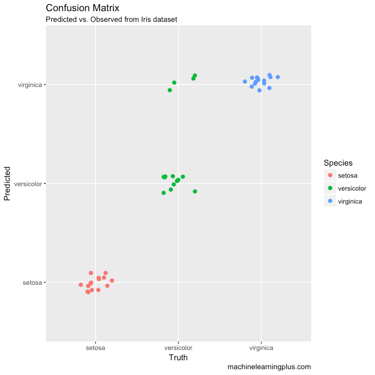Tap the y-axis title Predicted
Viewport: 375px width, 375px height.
pyautogui.click(x=7, y=183)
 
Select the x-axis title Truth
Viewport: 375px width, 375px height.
pyautogui.click(x=178, y=358)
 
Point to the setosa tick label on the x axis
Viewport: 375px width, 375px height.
pyautogui.click(x=95, y=347)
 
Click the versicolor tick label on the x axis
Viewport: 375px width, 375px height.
pyautogui.click(x=178, y=347)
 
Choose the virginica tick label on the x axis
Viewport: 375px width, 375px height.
pyautogui.click(x=261, y=347)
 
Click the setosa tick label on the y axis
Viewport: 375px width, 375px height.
pyautogui.click(x=32, y=283)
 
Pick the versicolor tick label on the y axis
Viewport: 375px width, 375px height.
pyautogui.click(x=28, y=183)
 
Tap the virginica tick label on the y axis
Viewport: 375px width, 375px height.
pyautogui.click(x=30, y=84)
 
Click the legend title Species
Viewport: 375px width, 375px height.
pyautogui.click(x=338, y=163)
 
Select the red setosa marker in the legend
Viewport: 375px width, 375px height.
pyautogui.click(x=330, y=175)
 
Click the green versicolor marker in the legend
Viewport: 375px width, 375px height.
pyautogui.click(x=330, y=188)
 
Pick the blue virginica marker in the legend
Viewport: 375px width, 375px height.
pyautogui.click(x=330, y=201)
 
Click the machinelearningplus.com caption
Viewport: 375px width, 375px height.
pyautogui.click(x=269, y=367)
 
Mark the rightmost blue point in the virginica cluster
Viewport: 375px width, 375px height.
pyautogui.click(x=278, y=77)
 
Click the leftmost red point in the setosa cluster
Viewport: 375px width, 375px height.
pyautogui.click(x=81, y=285)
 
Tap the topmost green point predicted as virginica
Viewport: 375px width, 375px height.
pyautogui.click(x=195, y=75)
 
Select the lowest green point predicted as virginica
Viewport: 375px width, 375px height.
pyautogui.click(x=170, y=90)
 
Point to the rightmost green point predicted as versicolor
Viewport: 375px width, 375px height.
pyautogui.click(x=195, y=192)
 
